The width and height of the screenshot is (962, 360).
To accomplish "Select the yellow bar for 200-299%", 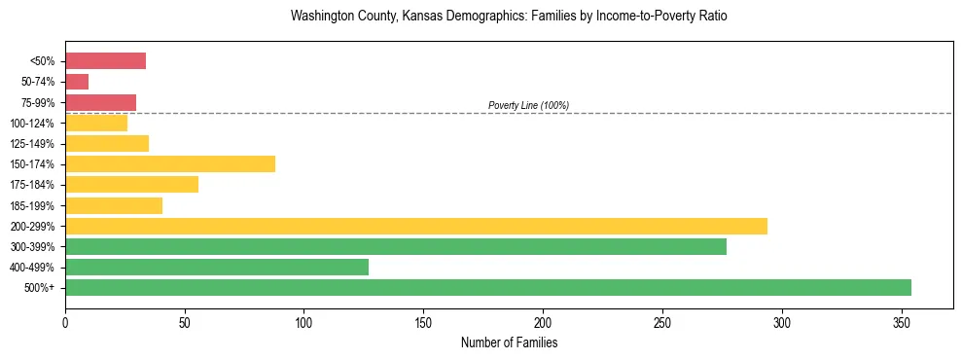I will pos(416,226).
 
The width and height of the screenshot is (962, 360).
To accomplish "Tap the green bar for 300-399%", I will pos(396,246).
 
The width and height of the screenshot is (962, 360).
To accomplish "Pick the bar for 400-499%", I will pos(217,267).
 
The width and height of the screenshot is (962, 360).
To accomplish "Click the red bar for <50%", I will pos(105,61).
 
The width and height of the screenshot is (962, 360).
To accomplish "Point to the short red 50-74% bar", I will pos(77,82).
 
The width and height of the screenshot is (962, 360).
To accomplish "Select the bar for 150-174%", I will pos(170,163).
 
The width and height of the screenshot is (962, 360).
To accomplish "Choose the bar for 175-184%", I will pos(131,184).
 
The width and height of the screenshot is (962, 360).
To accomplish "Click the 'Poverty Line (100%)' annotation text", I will pos(528,105).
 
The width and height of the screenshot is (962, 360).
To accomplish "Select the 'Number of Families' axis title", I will pos(509,342).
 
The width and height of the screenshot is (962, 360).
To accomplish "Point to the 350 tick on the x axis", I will pos(902,322).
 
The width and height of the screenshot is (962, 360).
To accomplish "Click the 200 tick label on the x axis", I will pos(543,322).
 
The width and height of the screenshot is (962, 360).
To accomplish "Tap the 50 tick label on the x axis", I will pos(185,322).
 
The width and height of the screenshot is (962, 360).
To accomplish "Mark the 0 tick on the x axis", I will pos(65,322).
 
